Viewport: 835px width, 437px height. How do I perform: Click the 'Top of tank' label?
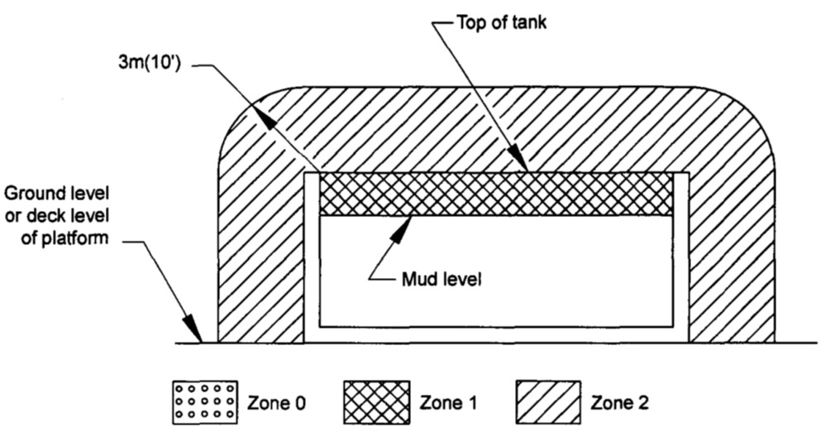501,22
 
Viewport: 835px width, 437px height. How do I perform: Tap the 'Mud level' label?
441,279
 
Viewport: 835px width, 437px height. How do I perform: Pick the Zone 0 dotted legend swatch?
205,402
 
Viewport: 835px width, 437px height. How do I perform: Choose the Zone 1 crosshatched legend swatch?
376,402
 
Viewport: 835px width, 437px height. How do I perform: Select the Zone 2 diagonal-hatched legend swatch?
548,402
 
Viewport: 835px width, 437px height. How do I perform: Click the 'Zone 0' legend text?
276,402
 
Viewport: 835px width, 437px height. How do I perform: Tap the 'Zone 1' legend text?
448,402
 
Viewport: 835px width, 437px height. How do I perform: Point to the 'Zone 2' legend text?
620,402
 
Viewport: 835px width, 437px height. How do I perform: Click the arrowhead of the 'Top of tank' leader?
519,159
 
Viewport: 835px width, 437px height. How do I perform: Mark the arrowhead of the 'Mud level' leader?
403,228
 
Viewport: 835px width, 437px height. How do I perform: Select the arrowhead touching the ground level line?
193,329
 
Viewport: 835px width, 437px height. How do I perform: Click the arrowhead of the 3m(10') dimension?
265,117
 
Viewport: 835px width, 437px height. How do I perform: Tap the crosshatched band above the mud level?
496,194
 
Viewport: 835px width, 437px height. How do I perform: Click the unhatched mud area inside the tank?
496,271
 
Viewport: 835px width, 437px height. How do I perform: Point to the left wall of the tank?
312,257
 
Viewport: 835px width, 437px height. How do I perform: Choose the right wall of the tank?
680,257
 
